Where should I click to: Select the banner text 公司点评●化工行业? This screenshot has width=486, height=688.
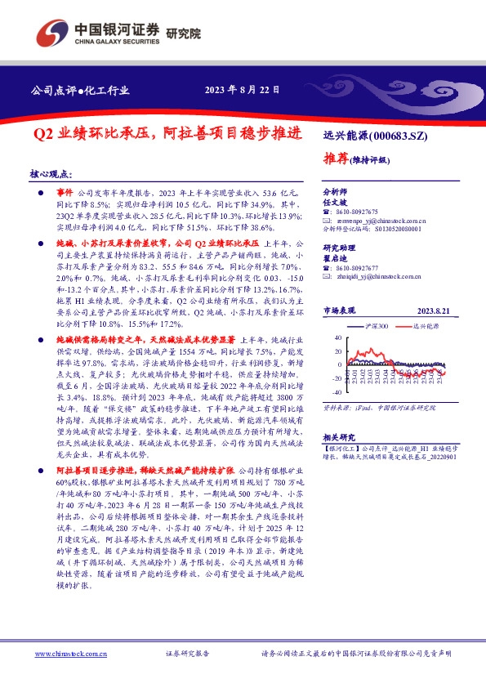80,91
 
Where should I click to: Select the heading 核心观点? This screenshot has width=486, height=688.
50,175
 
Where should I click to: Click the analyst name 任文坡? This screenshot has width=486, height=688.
336,200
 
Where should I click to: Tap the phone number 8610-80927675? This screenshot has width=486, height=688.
356,210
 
